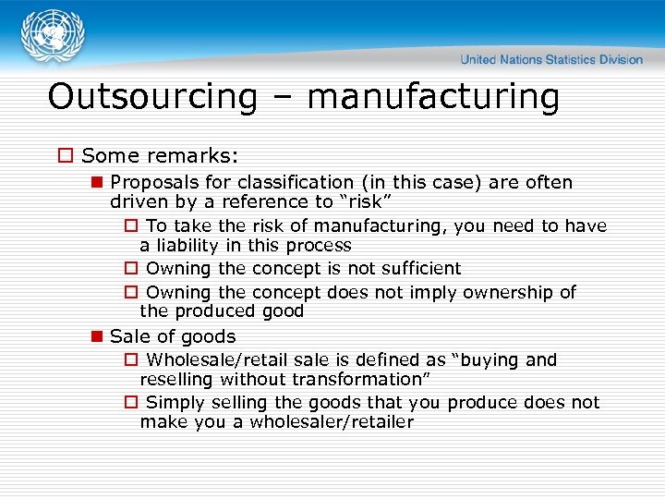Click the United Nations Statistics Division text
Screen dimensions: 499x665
tap(551, 59)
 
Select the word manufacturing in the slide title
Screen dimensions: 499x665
tap(433, 97)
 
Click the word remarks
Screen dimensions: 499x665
tap(198, 156)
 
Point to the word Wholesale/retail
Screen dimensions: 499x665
tap(211, 360)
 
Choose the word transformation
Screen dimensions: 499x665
tap(362, 379)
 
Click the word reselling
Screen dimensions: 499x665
tap(176, 379)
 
